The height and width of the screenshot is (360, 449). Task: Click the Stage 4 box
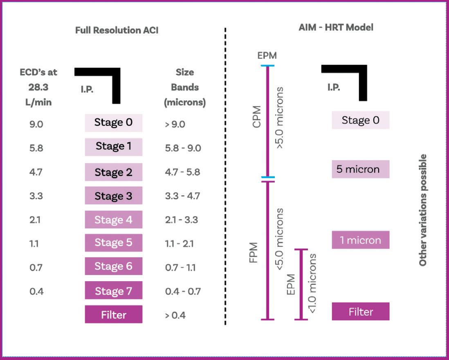click(113, 220)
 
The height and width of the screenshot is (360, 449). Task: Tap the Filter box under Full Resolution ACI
click(113, 315)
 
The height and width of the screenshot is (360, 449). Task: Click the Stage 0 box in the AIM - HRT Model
click(360, 120)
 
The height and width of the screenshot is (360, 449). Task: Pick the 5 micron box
click(360, 169)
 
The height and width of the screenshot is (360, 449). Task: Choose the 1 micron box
click(360, 240)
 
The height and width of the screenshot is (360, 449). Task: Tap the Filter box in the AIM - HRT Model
click(360, 312)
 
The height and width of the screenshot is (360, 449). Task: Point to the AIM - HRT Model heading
click(336, 28)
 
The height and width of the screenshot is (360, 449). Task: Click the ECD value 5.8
click(36, 148)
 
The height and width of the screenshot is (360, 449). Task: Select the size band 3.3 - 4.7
click(182, 196)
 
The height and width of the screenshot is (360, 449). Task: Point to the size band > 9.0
click(175, 124)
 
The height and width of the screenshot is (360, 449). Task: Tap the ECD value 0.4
click(36, 292)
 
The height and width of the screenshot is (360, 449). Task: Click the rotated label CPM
click(257, 119)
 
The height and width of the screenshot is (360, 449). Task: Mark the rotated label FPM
click(254, 253)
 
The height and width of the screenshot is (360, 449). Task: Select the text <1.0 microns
click(312, 284)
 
